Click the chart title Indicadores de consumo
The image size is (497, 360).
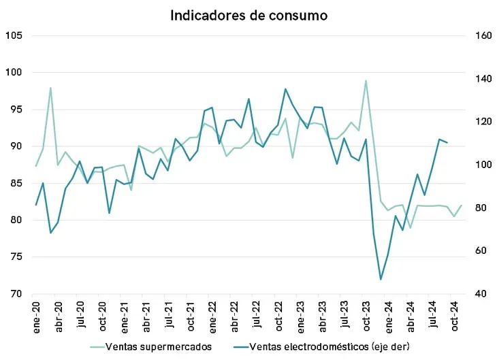click(248, 15)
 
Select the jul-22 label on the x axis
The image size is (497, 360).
click(257, 316)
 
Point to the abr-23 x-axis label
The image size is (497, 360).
click(323, 316)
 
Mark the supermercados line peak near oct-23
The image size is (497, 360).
click(366, 81)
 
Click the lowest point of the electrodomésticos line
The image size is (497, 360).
click(381, 279)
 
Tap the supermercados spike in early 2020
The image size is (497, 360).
click(50, 88)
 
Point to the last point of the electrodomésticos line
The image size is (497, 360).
click(447, 142)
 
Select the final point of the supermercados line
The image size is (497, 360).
click(462, 206)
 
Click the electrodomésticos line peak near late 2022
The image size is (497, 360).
click(285, 89)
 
